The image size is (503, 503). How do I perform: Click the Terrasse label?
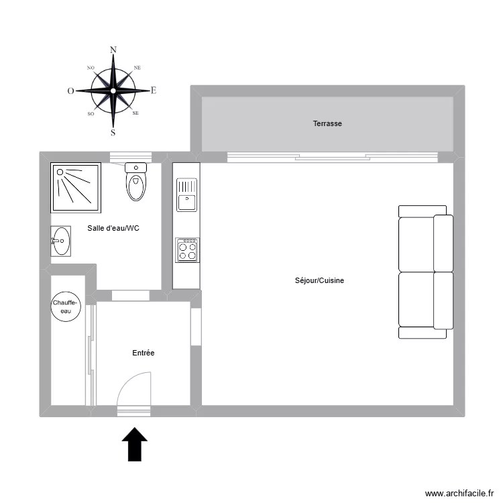pyautogui.click(x=327, y=123)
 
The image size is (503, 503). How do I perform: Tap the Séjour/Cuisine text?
pyautogui.click(x=319, y=281)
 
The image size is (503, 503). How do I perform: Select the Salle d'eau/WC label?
pyautogui.click(x=113, y=228)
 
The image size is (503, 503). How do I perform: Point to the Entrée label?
pyautogui.click(x=144, y=353)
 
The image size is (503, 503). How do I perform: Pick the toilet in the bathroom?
pyautogui.click(x=136, y=182)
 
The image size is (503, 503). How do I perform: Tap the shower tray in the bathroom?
pyautogui.click(x=75, y=185)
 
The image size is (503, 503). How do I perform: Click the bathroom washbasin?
pyautogui.click(x=61, y=240)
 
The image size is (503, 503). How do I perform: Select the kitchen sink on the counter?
pyautogui.click(x=186, y=194)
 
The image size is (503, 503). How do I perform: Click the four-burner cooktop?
pyautogui.click(x=187, y=250)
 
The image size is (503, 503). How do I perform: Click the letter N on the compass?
pyautogui.click(x=113, y=50)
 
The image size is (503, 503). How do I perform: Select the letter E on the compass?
pyautogui.click(x=154, y=91)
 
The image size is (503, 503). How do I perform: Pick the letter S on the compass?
pyautogui.click(x=113, y=133)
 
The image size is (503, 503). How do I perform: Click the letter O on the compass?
pyautogui.click(x=70, y=91)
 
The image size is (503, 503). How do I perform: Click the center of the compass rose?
pyautogui.click(x=113, y=91)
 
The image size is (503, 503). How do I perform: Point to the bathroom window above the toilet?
pyautogui.click(x=131, y=158)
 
